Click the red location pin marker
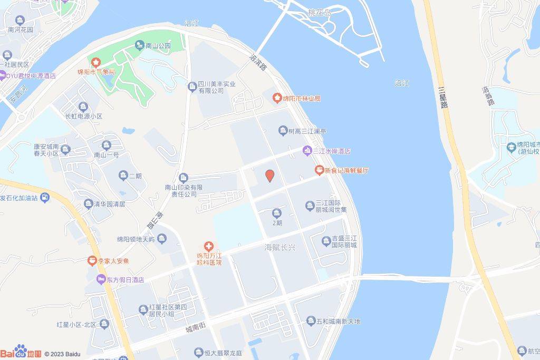coord(269,176)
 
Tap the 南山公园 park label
coord(158,46)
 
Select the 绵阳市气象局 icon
coord(96,62)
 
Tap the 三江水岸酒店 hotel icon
coord(307,151)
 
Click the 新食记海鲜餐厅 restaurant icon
coord(319,170)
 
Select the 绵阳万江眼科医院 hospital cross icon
coord(209,246)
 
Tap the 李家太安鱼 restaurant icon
coord(93,261)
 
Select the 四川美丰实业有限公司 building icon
coord(193,86)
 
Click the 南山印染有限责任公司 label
coord(184,190)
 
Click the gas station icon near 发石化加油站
coord(45,198)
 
